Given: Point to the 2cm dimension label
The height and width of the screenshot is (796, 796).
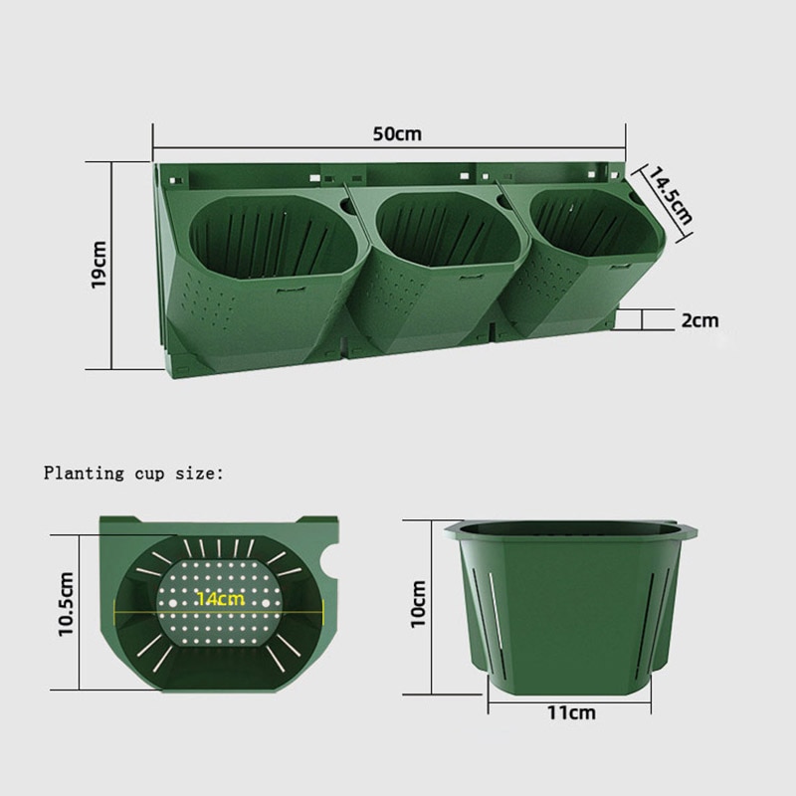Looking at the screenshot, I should (x=700, y=320).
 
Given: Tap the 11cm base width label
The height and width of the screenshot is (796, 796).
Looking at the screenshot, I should (x=572, y=712).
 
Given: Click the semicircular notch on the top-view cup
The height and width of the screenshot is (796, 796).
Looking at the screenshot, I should (x=327, y=568).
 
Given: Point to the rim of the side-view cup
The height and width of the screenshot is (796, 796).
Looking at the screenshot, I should (x=571, y=527).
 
